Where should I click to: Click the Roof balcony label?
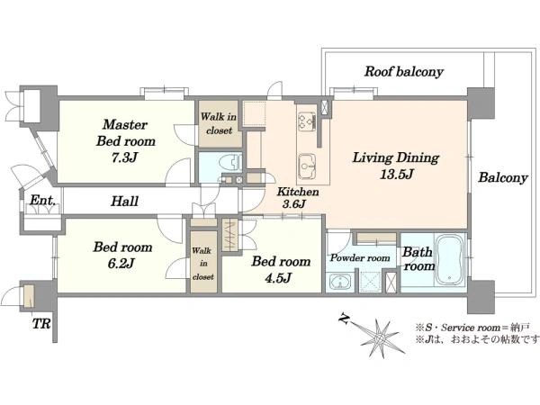(403, 72)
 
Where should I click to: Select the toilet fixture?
(231, 162)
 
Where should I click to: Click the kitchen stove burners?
(307, 121)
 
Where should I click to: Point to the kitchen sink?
(307, 166)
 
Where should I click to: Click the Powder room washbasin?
(340, 282)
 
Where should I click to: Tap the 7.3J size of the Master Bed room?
(125, 157)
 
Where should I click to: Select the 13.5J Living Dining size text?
(396, 175)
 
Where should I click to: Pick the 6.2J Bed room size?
(121, 264)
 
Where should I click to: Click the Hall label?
(125, 201)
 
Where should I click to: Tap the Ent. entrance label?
(42, 200)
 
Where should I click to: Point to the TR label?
(41, 324)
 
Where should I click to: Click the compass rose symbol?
(381, 337)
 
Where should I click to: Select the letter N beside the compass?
(344, 319)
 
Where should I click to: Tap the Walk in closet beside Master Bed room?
(219, 123)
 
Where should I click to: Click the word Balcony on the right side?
(503, 177)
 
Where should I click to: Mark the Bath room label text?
(418, 258)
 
